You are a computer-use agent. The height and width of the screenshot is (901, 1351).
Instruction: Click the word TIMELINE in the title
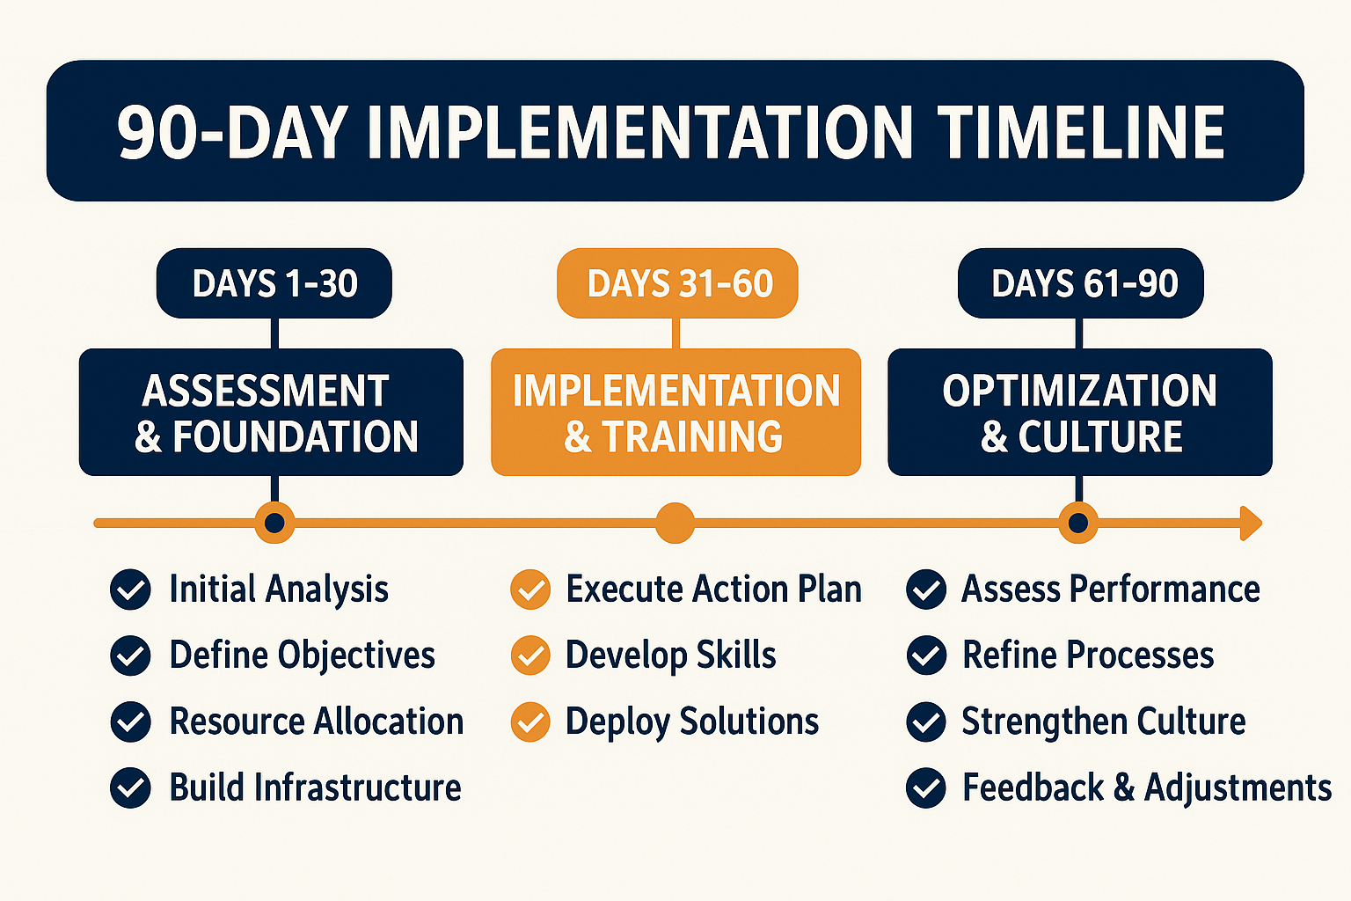tap(1081, 132)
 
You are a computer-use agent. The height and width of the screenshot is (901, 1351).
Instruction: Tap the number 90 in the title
tap(157, 133)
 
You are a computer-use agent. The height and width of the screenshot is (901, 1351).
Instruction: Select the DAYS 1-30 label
tap(274, 283)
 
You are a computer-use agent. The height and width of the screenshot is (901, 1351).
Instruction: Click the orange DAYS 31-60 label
tap(677, 283)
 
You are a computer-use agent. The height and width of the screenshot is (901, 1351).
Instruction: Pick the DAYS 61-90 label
tap(1081, 283)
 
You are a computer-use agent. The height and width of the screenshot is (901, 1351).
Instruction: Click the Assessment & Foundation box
tap(272, 412)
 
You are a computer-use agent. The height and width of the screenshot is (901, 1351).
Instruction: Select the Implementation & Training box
tap(676, 412)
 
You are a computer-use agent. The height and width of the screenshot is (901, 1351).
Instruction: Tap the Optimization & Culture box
tap(1080, 412)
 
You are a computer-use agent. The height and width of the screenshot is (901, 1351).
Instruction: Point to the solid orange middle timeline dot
tap(675, 524)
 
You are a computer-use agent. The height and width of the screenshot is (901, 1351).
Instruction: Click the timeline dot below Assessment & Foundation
tap(274, 524)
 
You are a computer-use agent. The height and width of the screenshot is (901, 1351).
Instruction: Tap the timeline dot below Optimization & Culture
tap(1078, 524)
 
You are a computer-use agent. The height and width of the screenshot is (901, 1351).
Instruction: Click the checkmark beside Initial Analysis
tap(130, 590)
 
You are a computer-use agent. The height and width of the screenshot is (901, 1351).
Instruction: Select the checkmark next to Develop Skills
tap(530, 656)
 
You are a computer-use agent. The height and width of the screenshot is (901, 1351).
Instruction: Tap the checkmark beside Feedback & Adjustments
tap(926, 788)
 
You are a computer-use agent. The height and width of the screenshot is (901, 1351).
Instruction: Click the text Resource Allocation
tap(317, 722)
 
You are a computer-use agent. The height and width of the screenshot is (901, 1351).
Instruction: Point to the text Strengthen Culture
tap(1104, 722)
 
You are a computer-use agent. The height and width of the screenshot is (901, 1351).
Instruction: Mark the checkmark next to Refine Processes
tap(926, 656)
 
